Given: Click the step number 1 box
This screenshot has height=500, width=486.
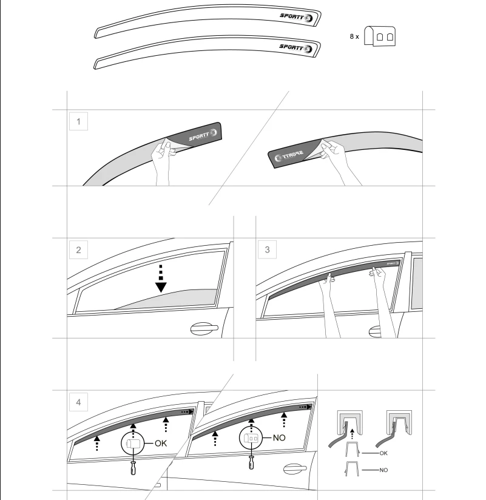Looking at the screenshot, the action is [x=78, y=121].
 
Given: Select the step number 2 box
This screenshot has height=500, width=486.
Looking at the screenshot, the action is [x=78, y=249].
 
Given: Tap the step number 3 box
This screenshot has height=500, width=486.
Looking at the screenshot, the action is [x=267, y=249].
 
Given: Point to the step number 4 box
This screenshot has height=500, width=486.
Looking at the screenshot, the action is [x=78, y=402].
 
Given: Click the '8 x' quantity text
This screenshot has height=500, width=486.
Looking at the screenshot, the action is [x=354, y=36].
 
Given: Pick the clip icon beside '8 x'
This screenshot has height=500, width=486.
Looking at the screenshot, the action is [x=380, y=36].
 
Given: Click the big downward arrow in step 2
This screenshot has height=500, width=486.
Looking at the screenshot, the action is [x=161, y=279].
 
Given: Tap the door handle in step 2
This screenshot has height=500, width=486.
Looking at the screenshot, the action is [x=204, y=328].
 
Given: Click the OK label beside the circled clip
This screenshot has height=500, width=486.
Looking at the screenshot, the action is [x=161, y=443].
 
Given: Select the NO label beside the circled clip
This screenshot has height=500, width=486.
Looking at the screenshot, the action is [x=279, y=438].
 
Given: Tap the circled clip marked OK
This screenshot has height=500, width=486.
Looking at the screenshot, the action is [x=133, y=443].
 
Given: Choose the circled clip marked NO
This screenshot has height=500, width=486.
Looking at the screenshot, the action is [x=251, y=438].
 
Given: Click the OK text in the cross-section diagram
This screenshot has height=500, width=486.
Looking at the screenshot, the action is [x=383, y=453].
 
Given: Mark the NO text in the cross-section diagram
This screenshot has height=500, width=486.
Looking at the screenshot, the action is [x=383, y=470].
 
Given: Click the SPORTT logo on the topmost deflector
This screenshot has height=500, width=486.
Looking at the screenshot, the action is [x=297, y=17].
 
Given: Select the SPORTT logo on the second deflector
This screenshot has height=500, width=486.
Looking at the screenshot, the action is [x=296, y=48].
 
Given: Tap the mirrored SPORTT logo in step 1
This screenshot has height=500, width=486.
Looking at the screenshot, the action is [x=289, y=155].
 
